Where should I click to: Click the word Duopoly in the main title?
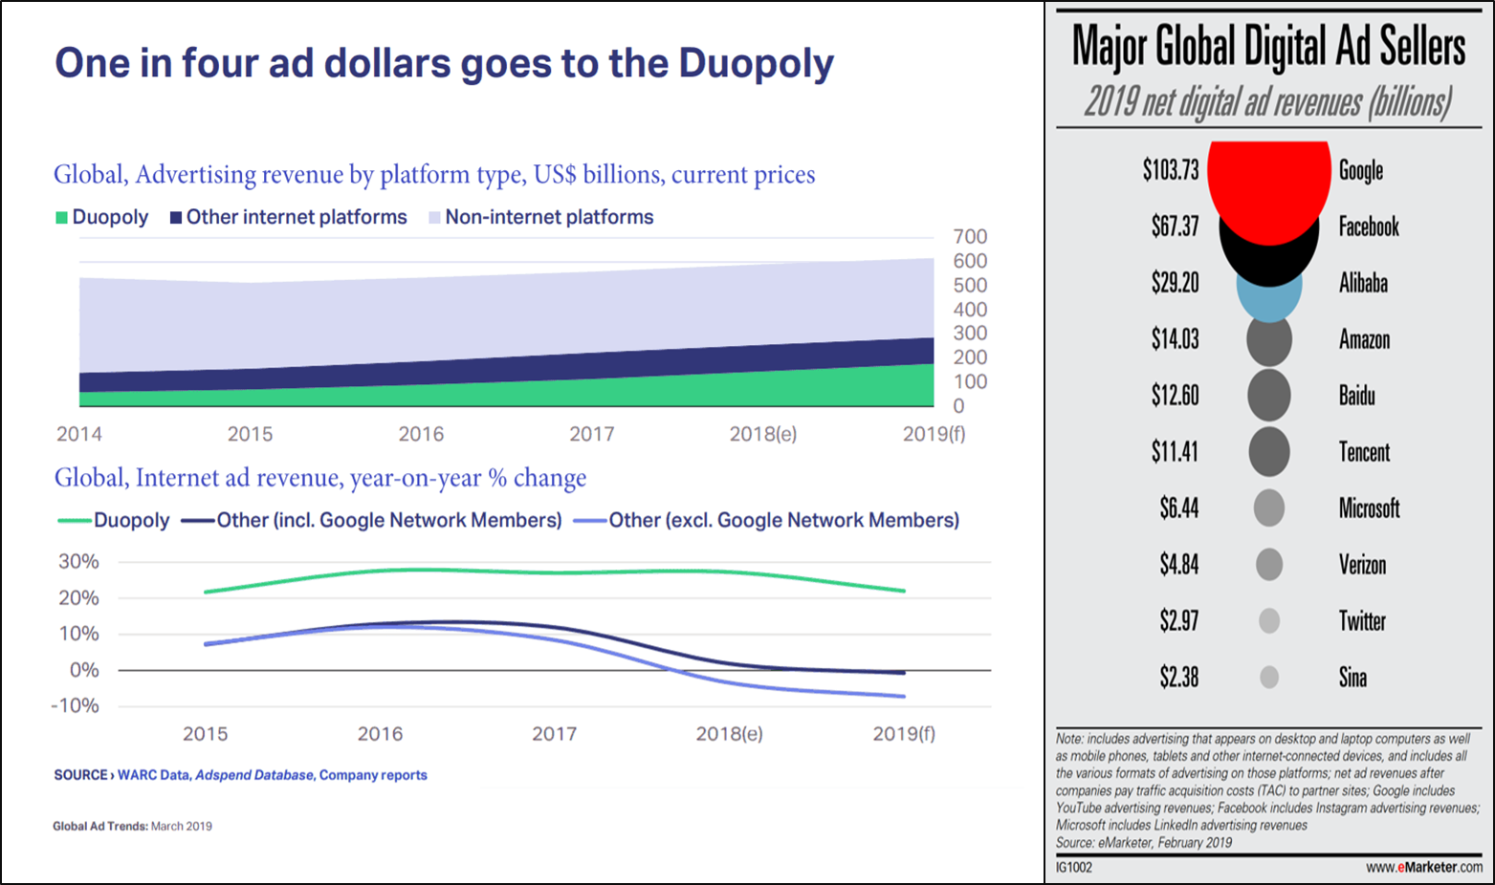[x=756, y=64]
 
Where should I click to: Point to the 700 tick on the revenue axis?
[x=970, y=237]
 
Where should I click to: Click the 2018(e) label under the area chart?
[x=762, y=435]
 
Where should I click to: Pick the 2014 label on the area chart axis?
[x=79, y=435]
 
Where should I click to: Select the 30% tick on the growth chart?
[x=79, y=562]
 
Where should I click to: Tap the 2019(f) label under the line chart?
[x=904, y=734]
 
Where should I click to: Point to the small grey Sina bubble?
[x=1269, y=678]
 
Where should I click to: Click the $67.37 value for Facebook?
[x=1175, y=227]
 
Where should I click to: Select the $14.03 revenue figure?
[x=1175, y=339]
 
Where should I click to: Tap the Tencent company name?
[x=1364, y=452]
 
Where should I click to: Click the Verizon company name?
[x=1362, y=565]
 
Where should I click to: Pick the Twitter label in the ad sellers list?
[x=1362, y=621]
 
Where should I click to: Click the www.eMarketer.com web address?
[x=1424, y=867]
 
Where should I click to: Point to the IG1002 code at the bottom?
[x=1073, y=867]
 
